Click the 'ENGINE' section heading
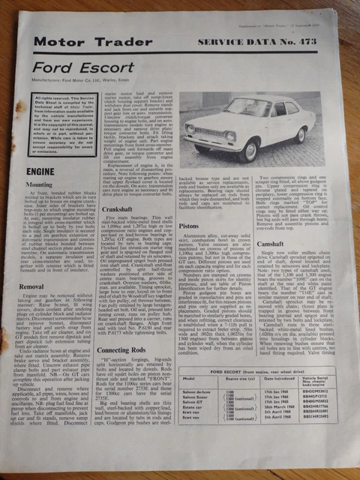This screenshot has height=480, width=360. coord(44,170)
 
